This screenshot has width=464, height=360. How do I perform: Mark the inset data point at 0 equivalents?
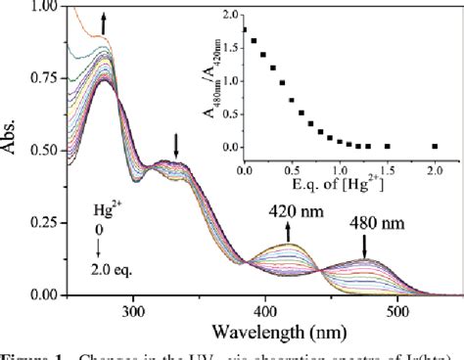coord(244,28)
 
